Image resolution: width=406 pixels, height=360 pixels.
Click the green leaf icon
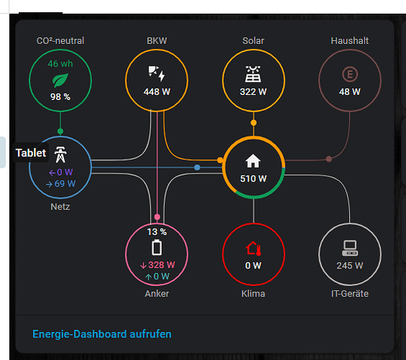[x=60, y=81]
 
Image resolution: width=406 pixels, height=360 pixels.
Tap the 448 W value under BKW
[x=157, y=92]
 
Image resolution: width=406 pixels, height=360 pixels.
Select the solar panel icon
[x=253, y=74]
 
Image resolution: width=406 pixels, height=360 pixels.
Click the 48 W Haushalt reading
[x=350, y=92]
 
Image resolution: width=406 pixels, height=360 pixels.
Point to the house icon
[x=253, y=161]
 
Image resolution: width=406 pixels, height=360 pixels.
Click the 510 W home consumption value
[x=253, y=179]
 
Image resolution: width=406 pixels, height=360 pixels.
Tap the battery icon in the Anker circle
[x=157, y=248]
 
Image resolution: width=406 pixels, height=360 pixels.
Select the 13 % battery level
[x=157, y=232]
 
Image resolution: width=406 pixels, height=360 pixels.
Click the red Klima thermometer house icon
[x=253, y=248]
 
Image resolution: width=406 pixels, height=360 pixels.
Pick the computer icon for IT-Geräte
[x=350, y=248]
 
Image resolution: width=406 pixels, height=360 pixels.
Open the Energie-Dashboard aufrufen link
[x=101, y=334]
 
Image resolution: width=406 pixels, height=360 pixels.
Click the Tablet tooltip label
[x=31, y=153]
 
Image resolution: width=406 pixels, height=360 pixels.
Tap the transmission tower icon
[x=60, y=155]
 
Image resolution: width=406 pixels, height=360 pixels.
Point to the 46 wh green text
[x=60, y=64]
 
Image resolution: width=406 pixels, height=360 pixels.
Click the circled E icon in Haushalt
[x=350, y=74]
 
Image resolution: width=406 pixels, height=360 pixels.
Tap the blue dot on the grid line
[x=197, y=167]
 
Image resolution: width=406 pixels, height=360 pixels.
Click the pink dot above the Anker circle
[x=157, y=217]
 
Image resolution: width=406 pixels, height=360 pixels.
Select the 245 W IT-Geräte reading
[x=350, y=266]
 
